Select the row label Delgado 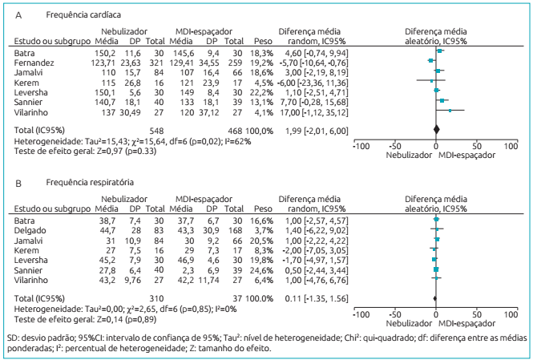point(30,229)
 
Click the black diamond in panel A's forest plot point(437,128)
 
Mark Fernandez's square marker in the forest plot point(431,60)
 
